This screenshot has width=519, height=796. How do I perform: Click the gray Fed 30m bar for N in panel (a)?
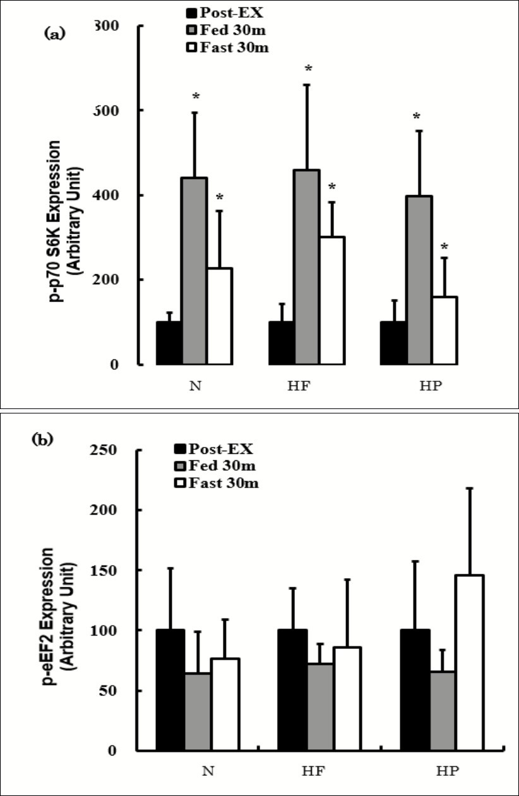point(194,271)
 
